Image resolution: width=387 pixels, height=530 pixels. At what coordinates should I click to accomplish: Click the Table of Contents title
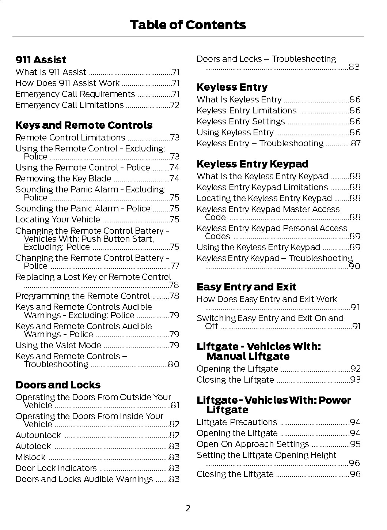[x=188, y=25]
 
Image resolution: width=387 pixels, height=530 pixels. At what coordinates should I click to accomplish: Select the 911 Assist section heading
[x=41, y=60]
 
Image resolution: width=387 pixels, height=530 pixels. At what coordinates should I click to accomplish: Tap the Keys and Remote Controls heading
[x=84, y=125]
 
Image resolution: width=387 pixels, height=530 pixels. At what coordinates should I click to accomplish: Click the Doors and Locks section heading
[x=58, y=385]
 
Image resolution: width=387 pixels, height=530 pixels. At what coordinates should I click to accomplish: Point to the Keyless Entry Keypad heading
[x=252, y=164]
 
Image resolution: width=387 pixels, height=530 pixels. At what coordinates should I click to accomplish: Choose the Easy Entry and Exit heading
[x=246, y=287]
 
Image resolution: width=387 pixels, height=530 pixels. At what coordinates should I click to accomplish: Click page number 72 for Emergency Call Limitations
[x=175, y=105]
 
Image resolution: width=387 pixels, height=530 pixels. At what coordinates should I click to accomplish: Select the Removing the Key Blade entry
[x=63, y=178]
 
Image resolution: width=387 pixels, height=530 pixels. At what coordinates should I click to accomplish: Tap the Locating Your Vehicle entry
[x=58, y=219]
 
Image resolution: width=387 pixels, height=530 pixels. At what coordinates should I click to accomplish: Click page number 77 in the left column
[x=175, y=266]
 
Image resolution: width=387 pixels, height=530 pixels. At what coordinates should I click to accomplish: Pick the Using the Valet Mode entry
[x=58, y=345]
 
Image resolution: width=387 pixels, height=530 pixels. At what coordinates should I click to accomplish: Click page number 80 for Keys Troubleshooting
[x=174, y=364]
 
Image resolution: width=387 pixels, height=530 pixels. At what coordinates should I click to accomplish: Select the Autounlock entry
[x=38, y=435]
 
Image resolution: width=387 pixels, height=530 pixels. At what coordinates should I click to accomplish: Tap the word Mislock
[x=30, y=457]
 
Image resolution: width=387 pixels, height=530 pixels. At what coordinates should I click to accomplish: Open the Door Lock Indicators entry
[x=56, y=468]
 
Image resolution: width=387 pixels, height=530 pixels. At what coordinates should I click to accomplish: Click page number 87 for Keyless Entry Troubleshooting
[x=356, y=143]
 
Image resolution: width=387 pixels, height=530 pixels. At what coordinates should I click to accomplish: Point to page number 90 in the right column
[x=354, y=266]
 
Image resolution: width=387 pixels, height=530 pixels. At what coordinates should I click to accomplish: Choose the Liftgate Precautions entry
[x=237, y=422]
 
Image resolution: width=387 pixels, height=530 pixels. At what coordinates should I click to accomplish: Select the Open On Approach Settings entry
[x=253, y=444]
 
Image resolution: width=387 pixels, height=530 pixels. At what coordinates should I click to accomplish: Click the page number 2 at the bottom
[x=188, y=508]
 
